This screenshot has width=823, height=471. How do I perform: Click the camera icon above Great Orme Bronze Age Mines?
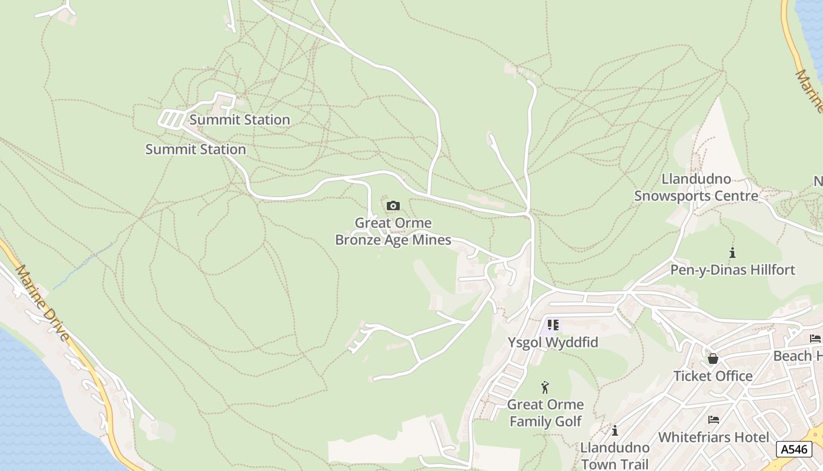pos(393,206)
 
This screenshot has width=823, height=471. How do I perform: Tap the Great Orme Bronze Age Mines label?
pos(393,231)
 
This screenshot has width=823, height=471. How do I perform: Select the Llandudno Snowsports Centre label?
pos(696,187)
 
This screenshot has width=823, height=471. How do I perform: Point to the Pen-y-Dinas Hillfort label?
pos(732,270)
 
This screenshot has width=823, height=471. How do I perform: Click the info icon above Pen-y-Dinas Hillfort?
pos(732,253)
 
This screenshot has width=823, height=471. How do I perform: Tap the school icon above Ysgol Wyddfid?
pos(553,324)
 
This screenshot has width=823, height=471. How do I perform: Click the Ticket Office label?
pos(712,376)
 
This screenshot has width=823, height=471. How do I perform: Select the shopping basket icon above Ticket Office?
pos(713,359)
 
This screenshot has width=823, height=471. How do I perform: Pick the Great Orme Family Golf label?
pos(546,413)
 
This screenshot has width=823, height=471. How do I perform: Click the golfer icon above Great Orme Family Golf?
pos(545,387)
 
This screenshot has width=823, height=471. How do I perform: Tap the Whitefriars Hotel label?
pos(713,437)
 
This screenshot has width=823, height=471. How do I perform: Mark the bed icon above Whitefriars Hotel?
pos(714,420)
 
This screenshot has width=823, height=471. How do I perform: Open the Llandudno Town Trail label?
pos(615,456)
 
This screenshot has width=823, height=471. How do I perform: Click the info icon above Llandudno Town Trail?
pos(615,431)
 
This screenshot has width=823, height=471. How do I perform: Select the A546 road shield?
pos(794,449)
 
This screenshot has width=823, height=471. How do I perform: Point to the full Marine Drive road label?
pos(43,303)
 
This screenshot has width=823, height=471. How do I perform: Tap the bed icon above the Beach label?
pos(815,338)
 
